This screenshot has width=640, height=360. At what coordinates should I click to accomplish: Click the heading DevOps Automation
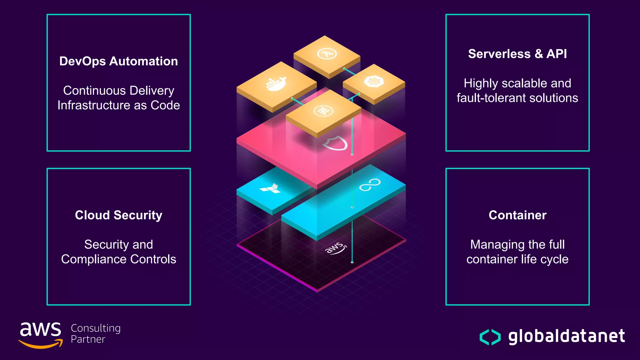pos(118,61)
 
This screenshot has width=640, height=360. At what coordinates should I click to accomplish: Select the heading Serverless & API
pos(517,54)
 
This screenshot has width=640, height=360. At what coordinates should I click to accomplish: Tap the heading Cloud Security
pos(118,215)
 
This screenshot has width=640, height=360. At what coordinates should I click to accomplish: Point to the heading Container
pos(517,215)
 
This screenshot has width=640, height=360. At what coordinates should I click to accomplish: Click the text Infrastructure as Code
pos(118,105)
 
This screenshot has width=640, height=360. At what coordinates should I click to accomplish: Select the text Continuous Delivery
pos(118,91)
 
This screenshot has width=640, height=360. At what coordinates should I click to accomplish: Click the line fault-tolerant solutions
pos(517,98)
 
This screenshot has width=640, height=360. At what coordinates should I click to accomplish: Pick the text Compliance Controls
pos(118,259)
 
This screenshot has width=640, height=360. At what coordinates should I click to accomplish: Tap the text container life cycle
pos(517,259)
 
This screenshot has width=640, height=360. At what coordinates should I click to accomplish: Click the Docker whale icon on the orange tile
pos(276,84)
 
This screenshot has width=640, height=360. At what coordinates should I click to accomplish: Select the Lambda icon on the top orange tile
pos(327,54)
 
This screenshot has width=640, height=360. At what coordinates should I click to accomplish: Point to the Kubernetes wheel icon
pos(374,82)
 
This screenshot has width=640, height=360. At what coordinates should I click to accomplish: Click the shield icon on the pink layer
pos(335,143)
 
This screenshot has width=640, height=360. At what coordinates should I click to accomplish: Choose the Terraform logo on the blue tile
pos(271,188)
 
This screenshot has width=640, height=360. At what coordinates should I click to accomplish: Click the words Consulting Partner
pos(95,333)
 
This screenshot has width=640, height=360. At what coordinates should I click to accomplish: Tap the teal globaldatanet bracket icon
pos(490,337)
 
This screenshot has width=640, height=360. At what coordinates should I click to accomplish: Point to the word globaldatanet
pos(566,336)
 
